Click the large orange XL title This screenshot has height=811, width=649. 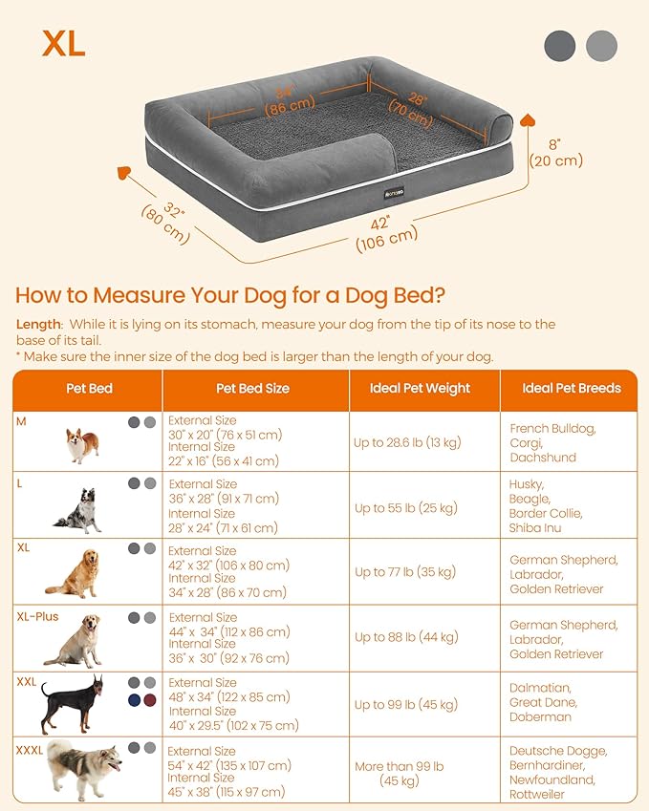[x=64, y=42]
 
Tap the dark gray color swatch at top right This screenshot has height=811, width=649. [x=560, y=45]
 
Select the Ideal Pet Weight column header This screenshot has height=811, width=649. [x=420, y=389]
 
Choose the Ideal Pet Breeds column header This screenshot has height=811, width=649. [x=572, y=389]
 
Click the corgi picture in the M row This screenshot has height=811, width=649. [x=82, y=445]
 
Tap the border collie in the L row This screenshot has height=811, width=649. [x=78, y=510]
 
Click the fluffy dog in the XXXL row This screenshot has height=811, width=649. [x=84, y=769]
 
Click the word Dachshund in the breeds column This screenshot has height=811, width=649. [x=543, y=458]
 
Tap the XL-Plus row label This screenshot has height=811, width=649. [x=37, y=616]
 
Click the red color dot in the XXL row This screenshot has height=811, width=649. [x=149, y=701]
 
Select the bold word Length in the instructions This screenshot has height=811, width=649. [x=39, y=324]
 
